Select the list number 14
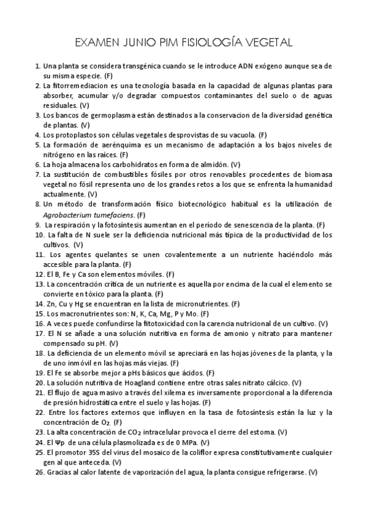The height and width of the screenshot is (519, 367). pyautogui.click(x=39, y=304)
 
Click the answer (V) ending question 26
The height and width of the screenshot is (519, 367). pyautogui.click(x=312, y=472)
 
